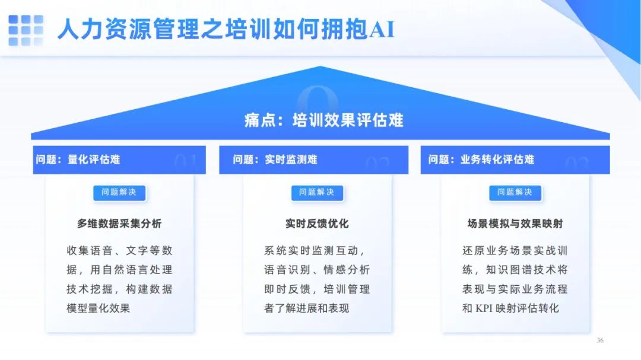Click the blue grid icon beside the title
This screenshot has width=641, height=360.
[x=26, y=30]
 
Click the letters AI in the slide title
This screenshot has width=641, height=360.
[x=382, y=30]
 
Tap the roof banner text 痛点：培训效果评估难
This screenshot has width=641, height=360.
[x=324, y=120]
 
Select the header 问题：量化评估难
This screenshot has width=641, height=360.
[x=78, y=160]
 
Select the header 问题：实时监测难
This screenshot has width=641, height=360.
[x=275, y=160]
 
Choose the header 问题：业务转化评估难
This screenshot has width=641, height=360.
[x=481, y=160]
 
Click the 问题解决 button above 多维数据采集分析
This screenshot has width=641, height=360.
[x=119, y=193]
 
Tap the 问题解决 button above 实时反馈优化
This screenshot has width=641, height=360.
[x=317, y=193]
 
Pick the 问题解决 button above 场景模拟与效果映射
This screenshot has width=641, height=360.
[x=515, y=193]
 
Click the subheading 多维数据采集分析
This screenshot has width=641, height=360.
[x=119, y=224]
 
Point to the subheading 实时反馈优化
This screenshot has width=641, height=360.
[x=317, y=224]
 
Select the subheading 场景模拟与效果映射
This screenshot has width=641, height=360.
[x=515, y=224]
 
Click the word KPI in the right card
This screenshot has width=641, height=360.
[x=484, y=308]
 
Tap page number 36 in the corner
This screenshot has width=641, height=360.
[x=600, y=340]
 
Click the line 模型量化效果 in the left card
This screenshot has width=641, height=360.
[x=98, y=308]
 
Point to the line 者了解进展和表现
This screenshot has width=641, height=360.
[x=307, y=308]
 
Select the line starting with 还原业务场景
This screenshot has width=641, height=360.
[x=515, y=250]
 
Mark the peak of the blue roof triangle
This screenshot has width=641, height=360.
[x=320, y=66]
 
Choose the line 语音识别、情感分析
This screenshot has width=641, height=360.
[x=317, y=270]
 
